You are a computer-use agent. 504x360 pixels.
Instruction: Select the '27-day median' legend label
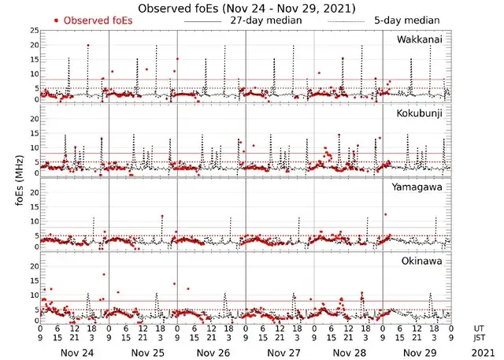click(265, 20)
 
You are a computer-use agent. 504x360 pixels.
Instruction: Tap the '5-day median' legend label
click(407, 20)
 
